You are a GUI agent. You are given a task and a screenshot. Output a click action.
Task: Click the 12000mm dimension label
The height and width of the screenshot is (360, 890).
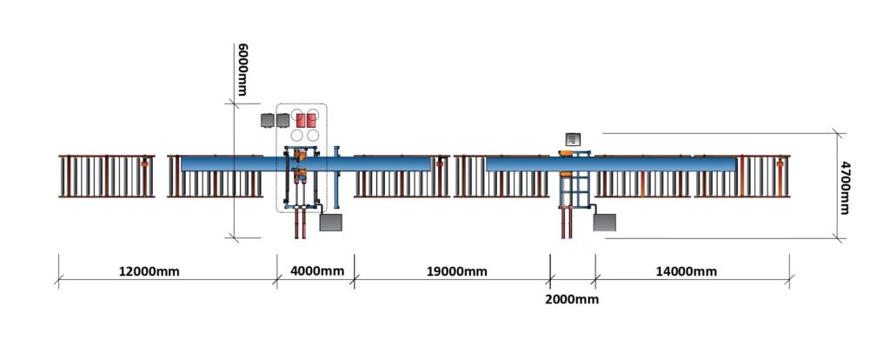coord(149,271)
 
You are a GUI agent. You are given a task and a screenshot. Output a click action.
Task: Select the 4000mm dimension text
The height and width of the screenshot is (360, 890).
coord(316,270)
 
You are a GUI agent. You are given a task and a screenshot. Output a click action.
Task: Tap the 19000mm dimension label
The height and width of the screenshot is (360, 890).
coord(457,271)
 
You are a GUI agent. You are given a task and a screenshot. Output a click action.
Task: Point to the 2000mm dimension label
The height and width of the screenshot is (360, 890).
coord(572,299)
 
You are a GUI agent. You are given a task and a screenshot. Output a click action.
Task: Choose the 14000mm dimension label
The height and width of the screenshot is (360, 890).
coord(687,271)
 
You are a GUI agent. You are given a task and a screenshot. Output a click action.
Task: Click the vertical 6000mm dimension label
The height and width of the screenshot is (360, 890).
coord(242,70)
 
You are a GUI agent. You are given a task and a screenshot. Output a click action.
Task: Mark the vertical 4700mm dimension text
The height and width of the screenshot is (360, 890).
coord(845,187)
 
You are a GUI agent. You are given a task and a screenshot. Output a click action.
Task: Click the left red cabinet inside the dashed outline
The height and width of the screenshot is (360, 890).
coord(301,120)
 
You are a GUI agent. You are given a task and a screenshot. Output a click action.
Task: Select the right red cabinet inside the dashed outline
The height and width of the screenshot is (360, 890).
coord(311,120)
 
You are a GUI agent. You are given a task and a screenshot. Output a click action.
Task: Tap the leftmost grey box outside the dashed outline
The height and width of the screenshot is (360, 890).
coord(268,120)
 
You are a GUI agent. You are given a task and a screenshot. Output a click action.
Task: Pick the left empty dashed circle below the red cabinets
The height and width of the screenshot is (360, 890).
coord(297,135)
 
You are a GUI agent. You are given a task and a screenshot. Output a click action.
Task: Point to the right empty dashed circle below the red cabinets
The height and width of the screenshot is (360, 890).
coord(313,135)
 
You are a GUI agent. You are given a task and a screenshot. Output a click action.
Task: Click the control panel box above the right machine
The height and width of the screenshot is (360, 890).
coord(573,138)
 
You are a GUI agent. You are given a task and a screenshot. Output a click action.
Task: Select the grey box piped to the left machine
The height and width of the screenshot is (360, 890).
coord(331,222)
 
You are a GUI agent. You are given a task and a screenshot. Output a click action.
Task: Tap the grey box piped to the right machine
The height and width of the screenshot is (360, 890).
coord(605,222)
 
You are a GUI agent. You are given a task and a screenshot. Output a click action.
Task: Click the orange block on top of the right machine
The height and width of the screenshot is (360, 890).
coord(566,153)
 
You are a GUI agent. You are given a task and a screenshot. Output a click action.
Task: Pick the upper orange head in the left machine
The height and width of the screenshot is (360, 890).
coord(302,154)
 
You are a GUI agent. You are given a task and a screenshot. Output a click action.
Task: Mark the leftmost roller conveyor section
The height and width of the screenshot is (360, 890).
coord(107,176)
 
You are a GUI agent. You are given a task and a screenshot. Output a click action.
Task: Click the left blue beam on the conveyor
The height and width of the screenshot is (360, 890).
coord(306,164)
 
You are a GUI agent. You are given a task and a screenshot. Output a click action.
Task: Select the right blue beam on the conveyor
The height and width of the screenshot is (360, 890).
coord(611,164)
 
